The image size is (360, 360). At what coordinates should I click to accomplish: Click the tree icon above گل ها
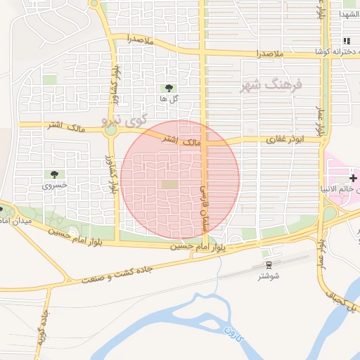point(168,88)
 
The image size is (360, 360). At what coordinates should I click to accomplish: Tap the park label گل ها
point(168,99)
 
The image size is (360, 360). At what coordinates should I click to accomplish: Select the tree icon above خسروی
point(54,174)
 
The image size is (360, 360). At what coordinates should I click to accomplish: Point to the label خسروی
point(54,186)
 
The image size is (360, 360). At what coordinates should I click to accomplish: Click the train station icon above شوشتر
point(268,264)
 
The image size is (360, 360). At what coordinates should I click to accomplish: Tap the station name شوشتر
point(268,276)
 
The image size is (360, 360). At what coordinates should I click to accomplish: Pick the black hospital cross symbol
point(353,170)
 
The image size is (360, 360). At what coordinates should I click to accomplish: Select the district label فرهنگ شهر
point(271,85)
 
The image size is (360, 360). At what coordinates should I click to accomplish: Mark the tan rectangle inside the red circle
point(170,184)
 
